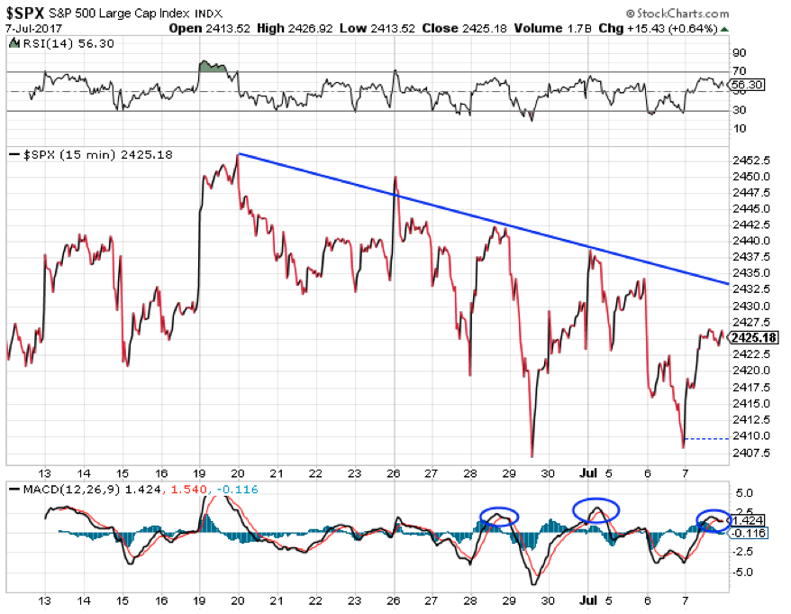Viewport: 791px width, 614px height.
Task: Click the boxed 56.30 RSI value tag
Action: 746,84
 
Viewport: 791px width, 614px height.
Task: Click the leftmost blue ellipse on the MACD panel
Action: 498,516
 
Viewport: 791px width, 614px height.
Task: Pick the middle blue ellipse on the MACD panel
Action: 596,509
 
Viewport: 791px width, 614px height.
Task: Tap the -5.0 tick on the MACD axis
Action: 744,572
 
